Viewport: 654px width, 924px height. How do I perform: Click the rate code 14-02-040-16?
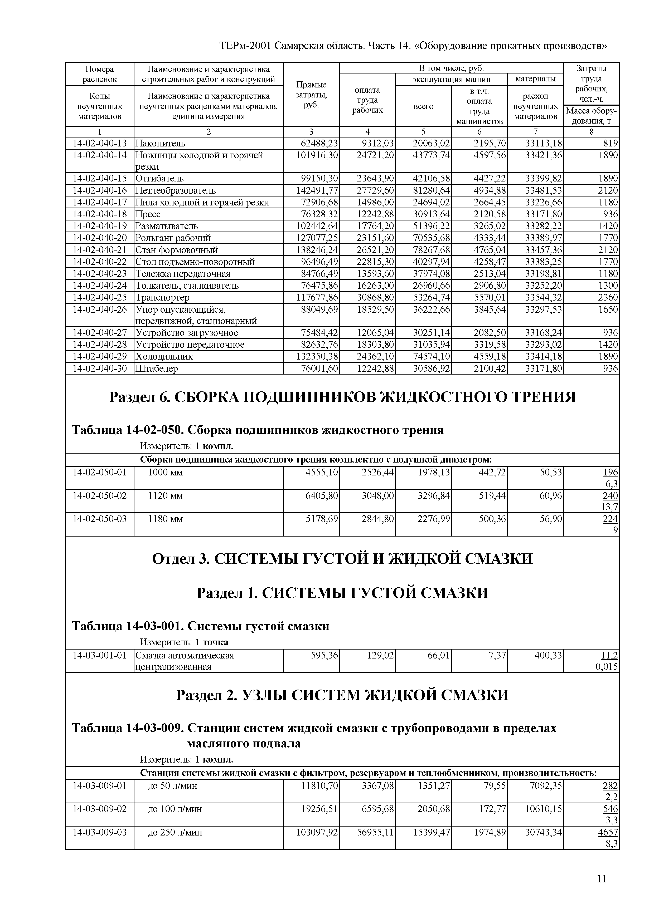point(99,190)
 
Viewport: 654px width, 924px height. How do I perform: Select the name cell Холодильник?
point(164,357)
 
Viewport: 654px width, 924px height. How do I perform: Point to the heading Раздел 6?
point(342,397)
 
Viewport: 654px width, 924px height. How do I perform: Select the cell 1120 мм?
point(166,496)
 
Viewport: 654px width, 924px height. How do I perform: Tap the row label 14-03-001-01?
point(99,656)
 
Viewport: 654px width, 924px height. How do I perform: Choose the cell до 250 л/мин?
point(175,832)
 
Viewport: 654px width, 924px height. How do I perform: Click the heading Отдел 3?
point(342,559)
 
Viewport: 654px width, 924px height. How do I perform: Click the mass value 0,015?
point(607,667)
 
